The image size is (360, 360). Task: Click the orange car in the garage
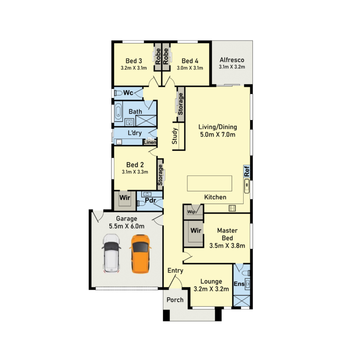(x=140, y=254)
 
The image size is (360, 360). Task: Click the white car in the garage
(x=111, y=253)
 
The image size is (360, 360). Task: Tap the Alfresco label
(x=232, y=60)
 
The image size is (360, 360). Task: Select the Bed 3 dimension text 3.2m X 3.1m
(x=134, y=68)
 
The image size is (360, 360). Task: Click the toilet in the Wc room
(x=119, y=93)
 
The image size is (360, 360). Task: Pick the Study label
(x=175, y=136)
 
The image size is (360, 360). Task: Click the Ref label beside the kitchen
(x=247, y=171)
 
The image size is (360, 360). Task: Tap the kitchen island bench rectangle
(x=210, y=183)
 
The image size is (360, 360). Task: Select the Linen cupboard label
(x=150, y=142)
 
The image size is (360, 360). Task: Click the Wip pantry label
(x=192, y=212)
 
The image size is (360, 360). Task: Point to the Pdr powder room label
(x=150, y=200)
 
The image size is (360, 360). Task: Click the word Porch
(x=175, y=300)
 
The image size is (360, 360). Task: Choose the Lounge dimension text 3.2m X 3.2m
(x=211, y=289)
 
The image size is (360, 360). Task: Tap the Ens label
(x=239, y=284)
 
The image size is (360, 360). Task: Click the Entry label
(x=175, y=270)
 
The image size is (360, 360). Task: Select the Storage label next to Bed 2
(x=160, y=175)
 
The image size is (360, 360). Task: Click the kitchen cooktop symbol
(x=232, y=208)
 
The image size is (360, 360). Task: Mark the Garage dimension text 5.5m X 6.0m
(x=127, y=226)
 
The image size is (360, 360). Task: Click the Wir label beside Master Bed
(x=196, y=230)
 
